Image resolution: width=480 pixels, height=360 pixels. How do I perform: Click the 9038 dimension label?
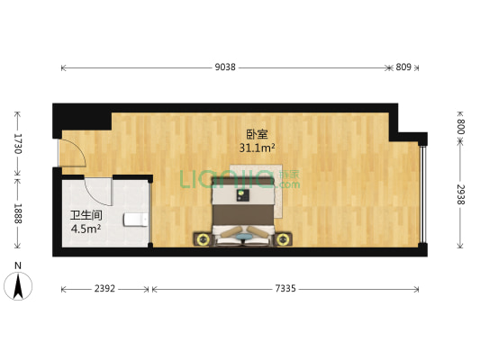click(225, 67)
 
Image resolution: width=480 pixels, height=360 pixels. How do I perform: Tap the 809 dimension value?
click(403, 67)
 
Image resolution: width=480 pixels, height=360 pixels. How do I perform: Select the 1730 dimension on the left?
click(18, 144)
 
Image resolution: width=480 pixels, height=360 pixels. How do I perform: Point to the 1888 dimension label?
click(18, 213)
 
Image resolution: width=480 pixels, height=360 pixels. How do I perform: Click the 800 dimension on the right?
click(461, 127)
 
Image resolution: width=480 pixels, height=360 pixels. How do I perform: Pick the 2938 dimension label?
click(461, 194)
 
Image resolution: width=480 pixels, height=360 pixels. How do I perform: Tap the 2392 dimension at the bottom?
click(104, 288)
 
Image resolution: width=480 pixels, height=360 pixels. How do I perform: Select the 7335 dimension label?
click(285, 288)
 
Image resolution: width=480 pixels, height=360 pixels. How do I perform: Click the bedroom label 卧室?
click(257, 134)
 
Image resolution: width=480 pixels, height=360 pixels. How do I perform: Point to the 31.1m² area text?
click(257, 148)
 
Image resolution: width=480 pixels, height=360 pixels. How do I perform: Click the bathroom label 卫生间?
click(86, 215)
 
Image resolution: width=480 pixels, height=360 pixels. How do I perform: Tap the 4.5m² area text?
click(86, 229)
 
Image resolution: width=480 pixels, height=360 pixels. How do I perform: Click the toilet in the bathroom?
click(136, 220)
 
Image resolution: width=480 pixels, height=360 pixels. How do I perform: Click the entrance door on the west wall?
click(72, 153)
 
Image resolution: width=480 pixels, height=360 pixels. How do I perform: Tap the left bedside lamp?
click(203, 239)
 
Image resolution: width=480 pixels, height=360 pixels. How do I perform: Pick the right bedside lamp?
click(282, 239)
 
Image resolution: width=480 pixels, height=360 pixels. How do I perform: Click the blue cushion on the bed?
click(244, 236)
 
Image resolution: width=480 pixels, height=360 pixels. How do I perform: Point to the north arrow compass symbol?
click(18, 286)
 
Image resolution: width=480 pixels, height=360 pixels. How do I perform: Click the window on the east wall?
click(422, 193)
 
